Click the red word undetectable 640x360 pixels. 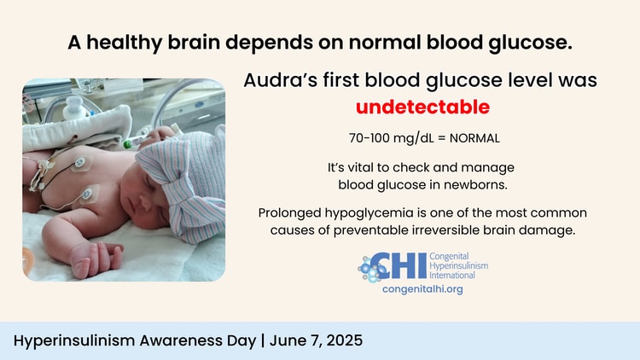click(x=422, y=107)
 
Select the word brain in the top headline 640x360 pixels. click(x=194, y=42)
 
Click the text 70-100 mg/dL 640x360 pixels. click(x=392, y=138)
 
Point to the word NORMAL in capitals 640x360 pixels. click(x=474, y=138)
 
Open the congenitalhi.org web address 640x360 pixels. click(x=422, y=289)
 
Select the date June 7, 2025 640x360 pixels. click(x=316, y=340)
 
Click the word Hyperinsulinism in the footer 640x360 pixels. click(x=74, y=340)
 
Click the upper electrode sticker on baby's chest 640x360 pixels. click(x=80, y=163)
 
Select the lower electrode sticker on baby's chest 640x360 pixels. click(x=88, y=195)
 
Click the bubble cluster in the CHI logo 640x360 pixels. click(x=370, y=268)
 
